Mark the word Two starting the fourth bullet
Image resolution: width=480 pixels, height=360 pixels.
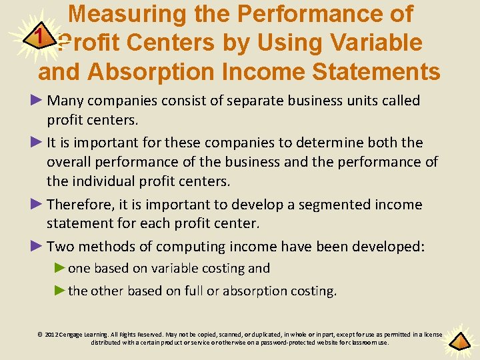[61, 247]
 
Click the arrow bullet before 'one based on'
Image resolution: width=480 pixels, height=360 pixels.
[60, 268]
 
